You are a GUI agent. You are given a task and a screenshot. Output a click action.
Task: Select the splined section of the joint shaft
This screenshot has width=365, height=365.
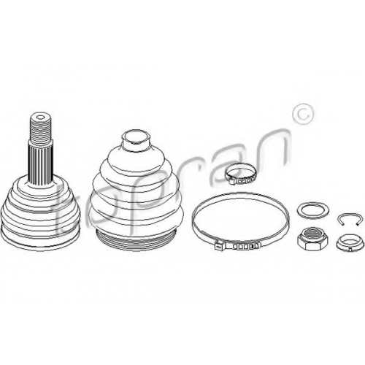click(41, 165)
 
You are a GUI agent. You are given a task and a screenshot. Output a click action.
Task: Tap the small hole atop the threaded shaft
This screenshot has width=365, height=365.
click(41, 118)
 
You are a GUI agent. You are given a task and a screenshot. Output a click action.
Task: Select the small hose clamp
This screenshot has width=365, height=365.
click(240, 174)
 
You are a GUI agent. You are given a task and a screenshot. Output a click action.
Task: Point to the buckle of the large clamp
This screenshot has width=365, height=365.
click(220, 246)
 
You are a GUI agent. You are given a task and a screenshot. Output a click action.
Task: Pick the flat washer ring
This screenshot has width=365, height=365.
click(312, 211)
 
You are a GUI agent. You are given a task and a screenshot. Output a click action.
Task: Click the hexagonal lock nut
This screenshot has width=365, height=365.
click(312, 239)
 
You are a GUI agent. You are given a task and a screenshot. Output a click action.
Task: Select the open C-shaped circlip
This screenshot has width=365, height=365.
click(348, 218)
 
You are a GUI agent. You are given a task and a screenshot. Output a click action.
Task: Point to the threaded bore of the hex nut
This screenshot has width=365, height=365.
click(312, 234)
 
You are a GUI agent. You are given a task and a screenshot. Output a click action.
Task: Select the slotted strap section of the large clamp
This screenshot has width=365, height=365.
click(242, 246)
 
